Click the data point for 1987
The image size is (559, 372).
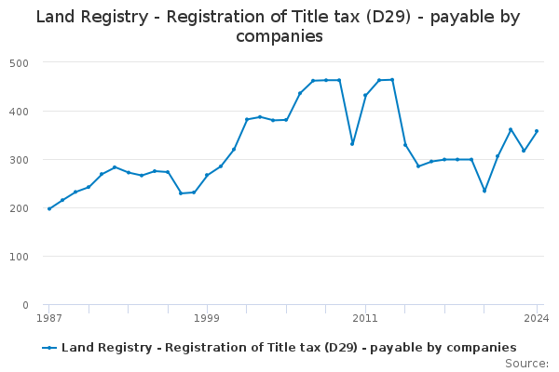tap(49, 209)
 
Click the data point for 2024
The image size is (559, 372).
tap(537, 131)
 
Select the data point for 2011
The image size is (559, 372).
tap(365, 95)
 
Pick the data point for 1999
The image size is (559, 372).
tap(207, 175)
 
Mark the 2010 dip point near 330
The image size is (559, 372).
tap(352, 144)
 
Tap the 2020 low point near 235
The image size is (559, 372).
tap(484, 192)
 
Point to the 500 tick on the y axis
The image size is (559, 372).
tap(19, 63)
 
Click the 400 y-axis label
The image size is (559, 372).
tap(19, 112)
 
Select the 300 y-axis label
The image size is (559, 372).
tap(19, 160)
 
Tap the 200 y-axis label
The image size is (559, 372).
tap(19, 208)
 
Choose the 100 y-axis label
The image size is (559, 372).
tap(19, 257)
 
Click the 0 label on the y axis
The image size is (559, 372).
tap(25, 305)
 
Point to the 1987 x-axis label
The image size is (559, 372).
tap(49, 318)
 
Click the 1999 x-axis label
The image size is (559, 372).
tap(207, 318)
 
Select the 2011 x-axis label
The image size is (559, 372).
tap(365, 318)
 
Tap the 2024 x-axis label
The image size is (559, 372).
tap(537, 318)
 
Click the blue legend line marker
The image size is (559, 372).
tap(49, 348)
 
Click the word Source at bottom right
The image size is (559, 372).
tap(525, 364)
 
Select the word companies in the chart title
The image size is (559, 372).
tap(279, 36)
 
